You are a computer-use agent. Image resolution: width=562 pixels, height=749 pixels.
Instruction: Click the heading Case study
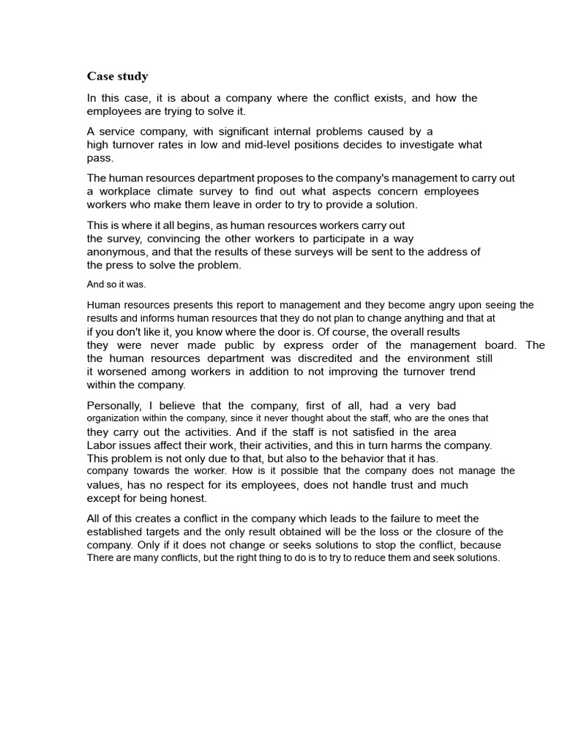[117, 76]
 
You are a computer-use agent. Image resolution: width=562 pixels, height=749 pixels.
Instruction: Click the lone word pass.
[100, 158]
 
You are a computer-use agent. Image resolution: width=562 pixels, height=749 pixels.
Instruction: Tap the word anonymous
[118, 252]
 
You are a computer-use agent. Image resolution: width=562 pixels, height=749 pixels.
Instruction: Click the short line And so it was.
[116, 285]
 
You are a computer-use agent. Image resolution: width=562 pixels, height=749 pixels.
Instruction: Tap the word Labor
[102, 445]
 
